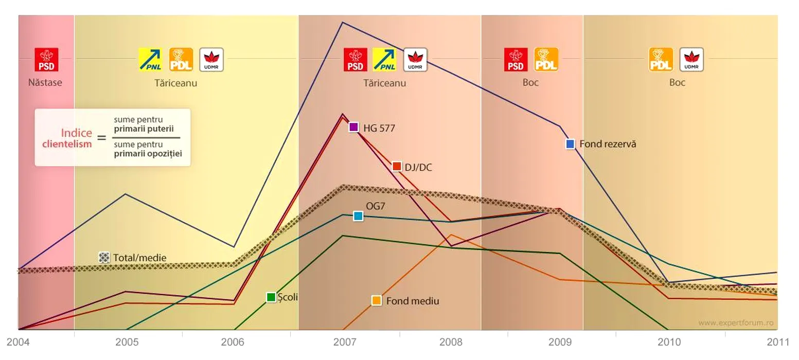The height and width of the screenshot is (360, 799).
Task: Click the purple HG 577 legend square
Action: click(x=353, y=127)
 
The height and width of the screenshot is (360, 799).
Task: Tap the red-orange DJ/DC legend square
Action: click(x=396, y=166)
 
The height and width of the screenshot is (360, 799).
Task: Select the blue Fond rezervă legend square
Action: click(x=570, y=144)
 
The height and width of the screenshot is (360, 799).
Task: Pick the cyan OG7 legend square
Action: click(x=358, y=216)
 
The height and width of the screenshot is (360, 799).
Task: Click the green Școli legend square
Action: click(x=271, y=297)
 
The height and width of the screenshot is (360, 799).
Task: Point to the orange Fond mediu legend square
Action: click(x=377, y=301)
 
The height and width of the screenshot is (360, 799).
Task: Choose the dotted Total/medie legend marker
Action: click(x=104, y=258)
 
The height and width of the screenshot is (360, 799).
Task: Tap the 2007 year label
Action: click(x=343, y=342)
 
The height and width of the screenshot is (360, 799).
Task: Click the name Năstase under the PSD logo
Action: click(x=45, y=82)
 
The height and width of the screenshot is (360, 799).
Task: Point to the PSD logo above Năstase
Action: click(x=46, y=60)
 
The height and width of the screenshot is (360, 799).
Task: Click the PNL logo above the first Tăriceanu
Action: click(x=151, y=60)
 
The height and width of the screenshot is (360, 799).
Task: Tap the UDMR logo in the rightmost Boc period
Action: click(x=691, y=60)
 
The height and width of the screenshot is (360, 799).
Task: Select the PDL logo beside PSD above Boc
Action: click(x=546, y=60)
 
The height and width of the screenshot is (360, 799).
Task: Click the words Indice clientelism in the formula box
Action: click(x=67, y=138)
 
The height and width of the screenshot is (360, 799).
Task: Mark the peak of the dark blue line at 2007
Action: click(x=343, y=22)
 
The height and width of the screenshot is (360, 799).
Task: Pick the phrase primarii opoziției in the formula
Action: click(x=148, y=153)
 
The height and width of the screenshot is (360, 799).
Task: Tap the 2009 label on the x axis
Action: click(x=560, y=342)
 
